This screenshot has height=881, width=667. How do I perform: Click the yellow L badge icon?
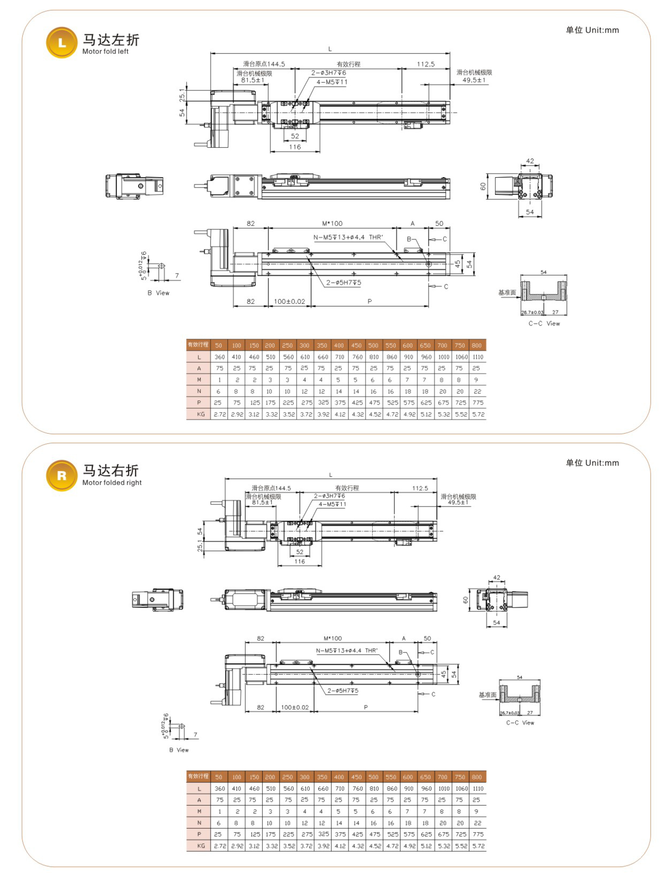tap(62, 43)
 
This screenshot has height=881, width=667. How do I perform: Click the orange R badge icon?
tap(62, 475)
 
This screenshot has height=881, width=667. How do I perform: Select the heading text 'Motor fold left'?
tap(106, 51)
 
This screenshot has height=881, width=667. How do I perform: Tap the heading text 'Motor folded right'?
tap(112, 483)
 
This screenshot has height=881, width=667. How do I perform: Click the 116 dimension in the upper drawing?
tap(295, 147)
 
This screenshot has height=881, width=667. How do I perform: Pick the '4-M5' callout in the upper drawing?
tap(332, 82)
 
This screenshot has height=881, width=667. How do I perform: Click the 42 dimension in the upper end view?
tap(530, 161)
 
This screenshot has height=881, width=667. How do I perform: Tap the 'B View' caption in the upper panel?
tap(158, 293)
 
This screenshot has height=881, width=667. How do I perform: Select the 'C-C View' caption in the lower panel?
tap(520, 723)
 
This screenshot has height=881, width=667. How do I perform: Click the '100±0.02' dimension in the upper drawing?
tap(289, 302)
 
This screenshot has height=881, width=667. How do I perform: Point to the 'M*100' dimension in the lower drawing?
tap(332, 638)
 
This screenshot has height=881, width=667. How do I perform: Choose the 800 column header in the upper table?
tap(477, 345)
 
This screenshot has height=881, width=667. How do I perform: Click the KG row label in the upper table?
tap(200, 414)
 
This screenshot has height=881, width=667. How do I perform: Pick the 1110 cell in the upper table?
tap(478, 357)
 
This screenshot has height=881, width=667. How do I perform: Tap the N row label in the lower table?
tap(199, 823)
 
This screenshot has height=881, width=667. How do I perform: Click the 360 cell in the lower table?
tap(220, 788)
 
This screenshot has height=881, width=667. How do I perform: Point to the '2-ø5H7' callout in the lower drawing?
tap(343, 691)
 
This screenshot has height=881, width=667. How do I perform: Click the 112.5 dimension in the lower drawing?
tap(420, 488)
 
